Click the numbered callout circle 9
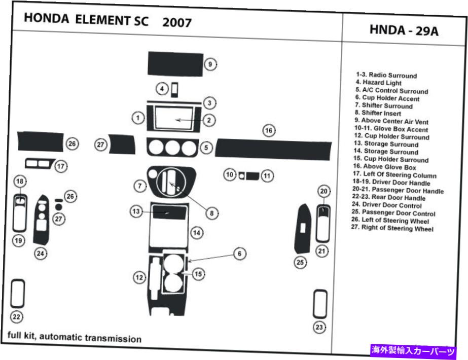(x=210, y=64)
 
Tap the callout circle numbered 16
(x=269, y=131)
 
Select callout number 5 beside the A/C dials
(x=206, y=148)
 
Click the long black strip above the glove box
(x=273, y=148)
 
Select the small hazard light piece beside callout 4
(x=174, y=90)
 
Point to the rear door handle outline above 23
(x=320, y=303)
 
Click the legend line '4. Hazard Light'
(x=378, y=83)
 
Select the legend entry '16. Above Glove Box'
(x=385, y=167)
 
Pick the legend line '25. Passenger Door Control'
(x=395, y=213)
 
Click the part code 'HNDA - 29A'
(x=404, y=31)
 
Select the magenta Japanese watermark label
(x=413, y=350)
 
